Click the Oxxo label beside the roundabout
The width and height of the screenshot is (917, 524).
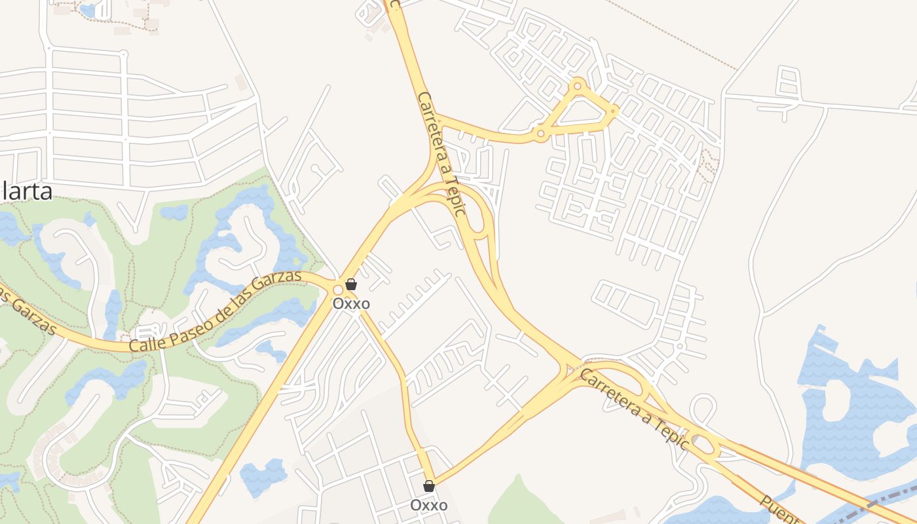pyautogui.click(x=351, y=304)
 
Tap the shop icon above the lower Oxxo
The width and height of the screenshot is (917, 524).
pyautogui.click(x=429, y=486)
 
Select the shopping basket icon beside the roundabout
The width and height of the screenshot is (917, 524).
pyautogui.click(x=351, y=284)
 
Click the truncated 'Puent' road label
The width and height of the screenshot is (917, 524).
pyautogui.click(x=780, y=510)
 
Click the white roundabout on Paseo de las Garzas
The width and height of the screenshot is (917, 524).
pyautogui.click(x=338, y=290)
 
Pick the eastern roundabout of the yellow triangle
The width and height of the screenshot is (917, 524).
pyautogui.click(x=613, y=111)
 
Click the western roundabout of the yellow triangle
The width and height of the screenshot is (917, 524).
pyautogui.click(x=540, y=134)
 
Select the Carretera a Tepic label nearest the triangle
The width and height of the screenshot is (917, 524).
pyautogui.click(x=442, y=154)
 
